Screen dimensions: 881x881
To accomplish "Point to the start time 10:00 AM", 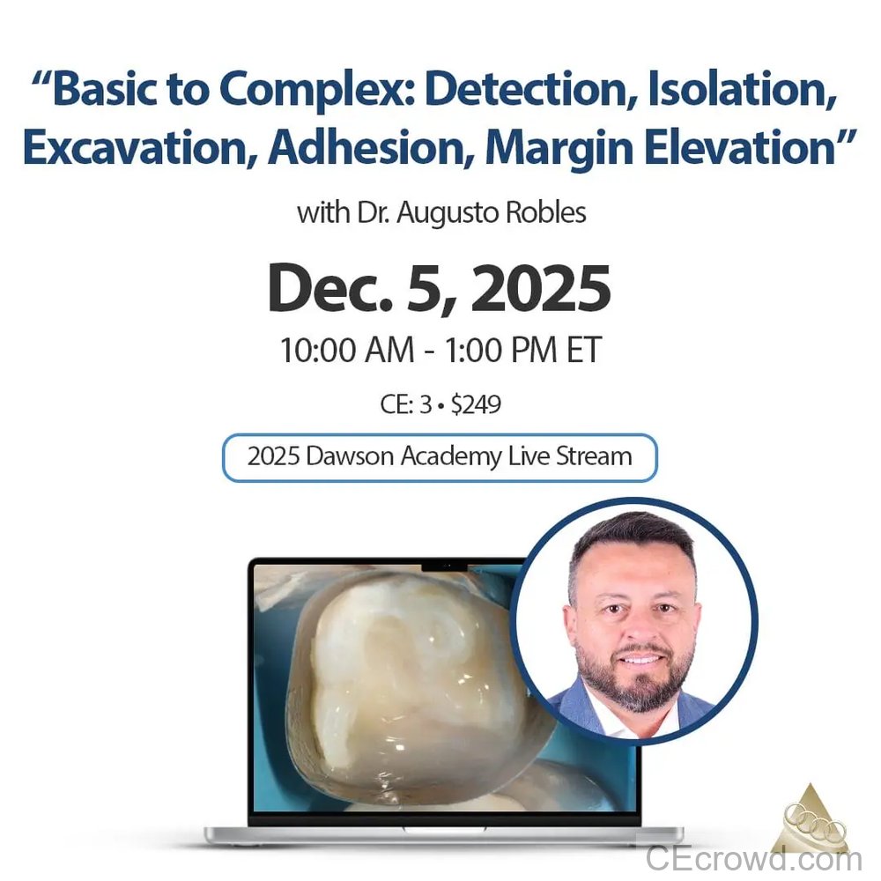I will [x=347, y=350].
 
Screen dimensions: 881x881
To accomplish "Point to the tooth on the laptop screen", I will [x=414, y=678].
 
